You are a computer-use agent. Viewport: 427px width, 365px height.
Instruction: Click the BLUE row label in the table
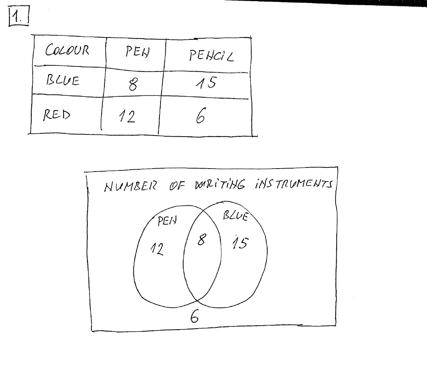62,80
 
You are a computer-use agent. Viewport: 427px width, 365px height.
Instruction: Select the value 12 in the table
127,118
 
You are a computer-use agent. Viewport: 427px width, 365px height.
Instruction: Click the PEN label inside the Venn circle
167,222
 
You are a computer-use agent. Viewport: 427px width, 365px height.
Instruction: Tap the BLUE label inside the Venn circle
235,216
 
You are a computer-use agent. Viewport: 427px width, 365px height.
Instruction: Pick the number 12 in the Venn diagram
156,250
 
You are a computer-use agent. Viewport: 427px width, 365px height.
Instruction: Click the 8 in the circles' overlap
201,241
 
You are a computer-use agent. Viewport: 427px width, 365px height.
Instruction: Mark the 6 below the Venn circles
194,317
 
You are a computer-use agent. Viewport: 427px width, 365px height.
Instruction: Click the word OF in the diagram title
177,185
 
